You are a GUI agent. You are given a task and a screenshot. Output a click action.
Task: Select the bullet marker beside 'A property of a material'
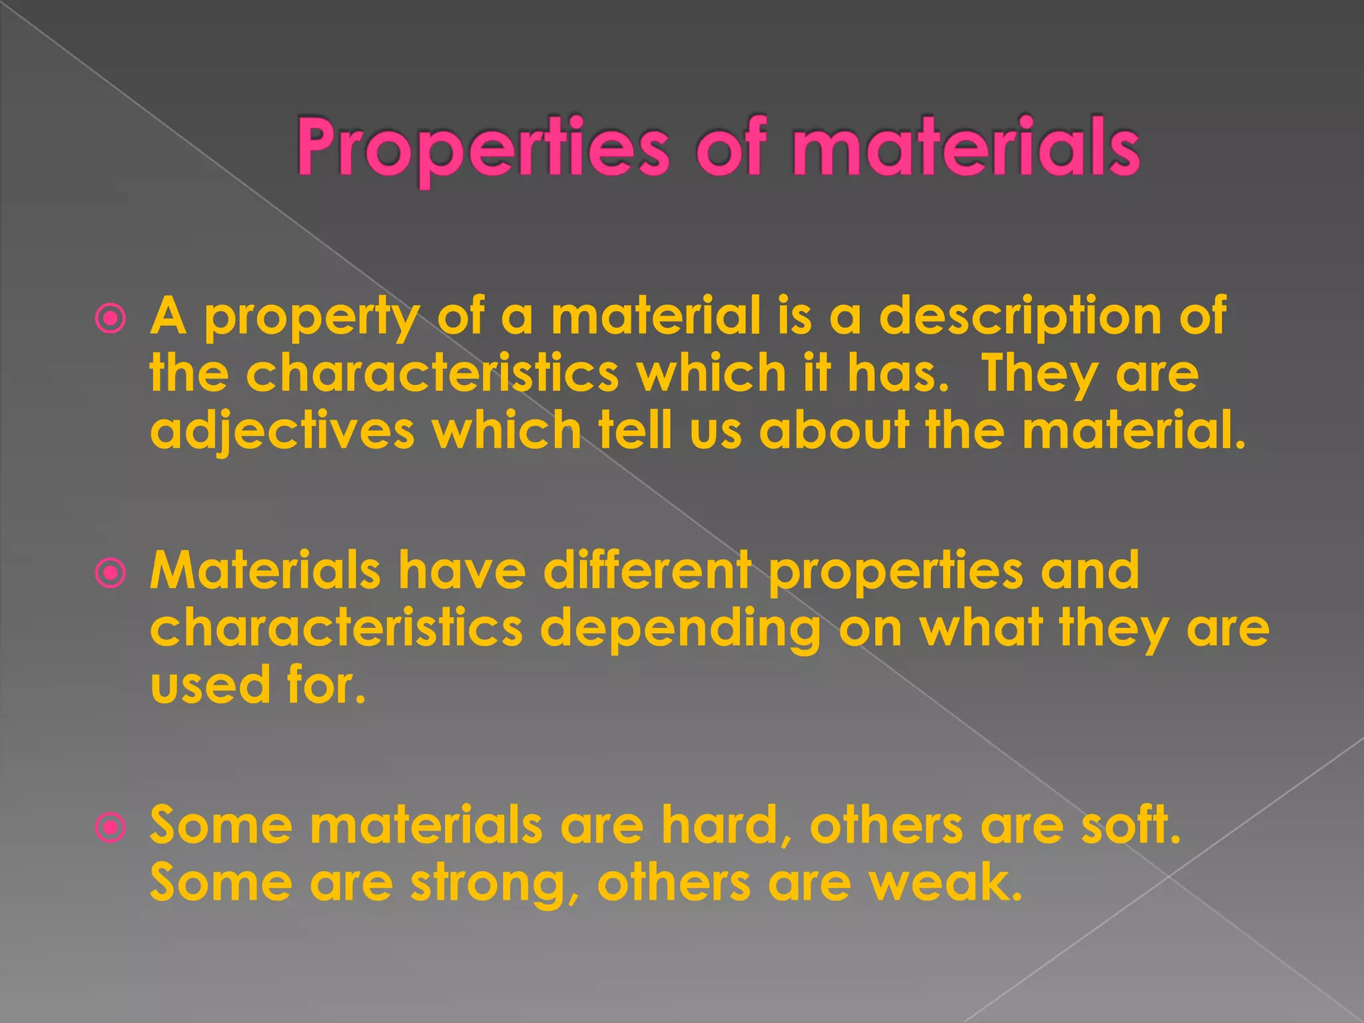(x=110, y=319)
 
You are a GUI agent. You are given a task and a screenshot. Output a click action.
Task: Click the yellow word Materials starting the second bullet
(x=265, y=571)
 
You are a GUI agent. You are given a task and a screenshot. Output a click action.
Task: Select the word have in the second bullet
(x=462, y=571)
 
